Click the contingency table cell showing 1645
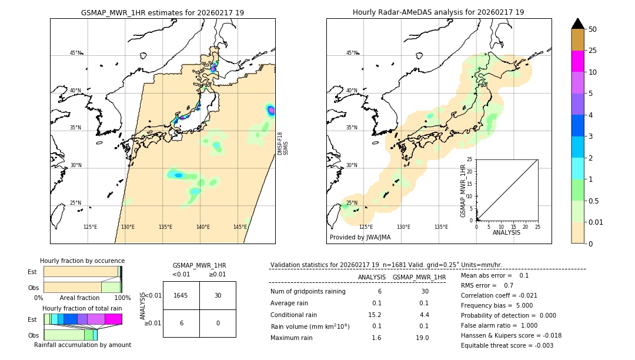point(181,295)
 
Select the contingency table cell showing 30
point(218,295)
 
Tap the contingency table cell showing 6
point(181,323)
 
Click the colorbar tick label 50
point(593,29)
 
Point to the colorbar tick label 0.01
point(596,222)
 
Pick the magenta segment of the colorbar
point(577,61)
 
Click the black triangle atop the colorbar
point(577,24)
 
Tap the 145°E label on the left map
point(240,227)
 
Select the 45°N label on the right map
point(352,53)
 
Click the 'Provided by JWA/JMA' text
point(360,238)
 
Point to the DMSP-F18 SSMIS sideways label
point(283,144)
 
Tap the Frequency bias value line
point(497,305)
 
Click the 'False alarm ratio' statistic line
point(499,325)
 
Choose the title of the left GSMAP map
point(162,12)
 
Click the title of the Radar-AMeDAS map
point(438,12)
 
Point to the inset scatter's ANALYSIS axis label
point(506,233)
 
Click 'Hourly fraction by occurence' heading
point(82,261)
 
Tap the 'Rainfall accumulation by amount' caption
point(82,345)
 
